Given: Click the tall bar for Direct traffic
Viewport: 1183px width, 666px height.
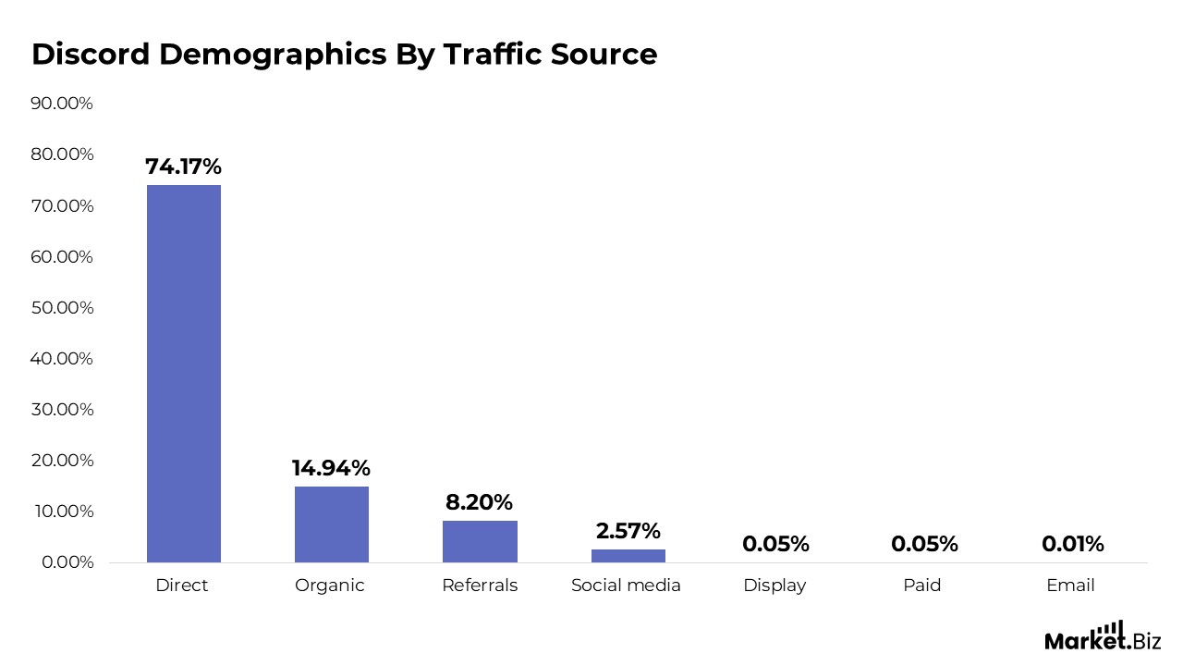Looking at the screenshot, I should pos(184,373).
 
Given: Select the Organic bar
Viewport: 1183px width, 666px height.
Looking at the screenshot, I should pos(331,524).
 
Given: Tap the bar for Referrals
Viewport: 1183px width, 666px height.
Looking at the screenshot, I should pos(480,541).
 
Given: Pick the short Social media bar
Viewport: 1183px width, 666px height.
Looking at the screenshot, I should pos(628,555).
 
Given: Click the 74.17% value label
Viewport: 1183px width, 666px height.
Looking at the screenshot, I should pos(183,167).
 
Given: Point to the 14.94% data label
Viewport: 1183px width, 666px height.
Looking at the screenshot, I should pos(331,468).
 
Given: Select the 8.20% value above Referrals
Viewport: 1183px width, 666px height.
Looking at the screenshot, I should pos(479,502).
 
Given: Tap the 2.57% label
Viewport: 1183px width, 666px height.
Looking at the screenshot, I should pos(628,531).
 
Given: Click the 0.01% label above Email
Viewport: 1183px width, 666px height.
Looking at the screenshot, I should pos(1072,544).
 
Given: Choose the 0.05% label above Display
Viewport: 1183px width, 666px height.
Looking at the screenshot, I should pos(775,544).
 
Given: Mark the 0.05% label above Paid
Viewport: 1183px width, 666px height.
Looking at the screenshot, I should pos(924,544).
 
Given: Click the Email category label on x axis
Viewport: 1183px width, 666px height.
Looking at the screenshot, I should pos(1070,586).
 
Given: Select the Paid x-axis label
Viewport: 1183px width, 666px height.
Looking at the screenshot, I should pos(922,586).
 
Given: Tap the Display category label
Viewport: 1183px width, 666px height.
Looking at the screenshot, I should pos(774,586).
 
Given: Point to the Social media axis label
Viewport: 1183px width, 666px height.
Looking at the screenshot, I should pos(626,586).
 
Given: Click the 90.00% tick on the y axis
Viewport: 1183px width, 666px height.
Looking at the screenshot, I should pos(62,104).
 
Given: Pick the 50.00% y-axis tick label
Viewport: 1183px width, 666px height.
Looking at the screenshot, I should pos(62,307).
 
